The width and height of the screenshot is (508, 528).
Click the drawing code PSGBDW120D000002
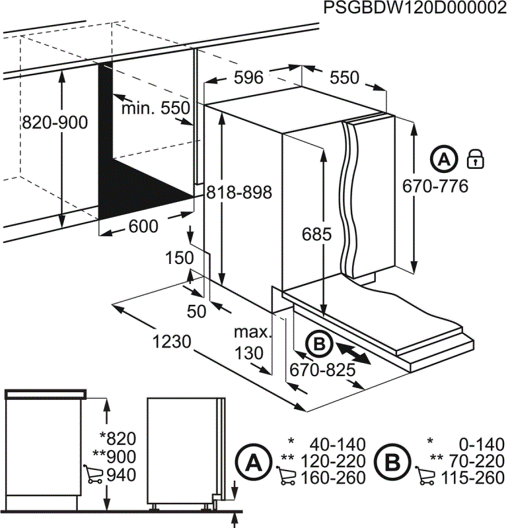(415, 8)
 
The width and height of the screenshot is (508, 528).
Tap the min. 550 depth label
(155, 108)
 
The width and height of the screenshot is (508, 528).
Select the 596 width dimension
(249, 78)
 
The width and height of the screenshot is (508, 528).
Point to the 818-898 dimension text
(238, 192)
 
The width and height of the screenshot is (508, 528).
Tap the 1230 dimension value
(172, 342)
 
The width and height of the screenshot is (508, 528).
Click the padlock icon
(476, 158)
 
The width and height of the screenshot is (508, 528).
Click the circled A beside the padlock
(445, 159)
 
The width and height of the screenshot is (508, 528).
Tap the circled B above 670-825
(319, 343)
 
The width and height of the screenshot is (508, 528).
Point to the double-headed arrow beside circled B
(352, 351)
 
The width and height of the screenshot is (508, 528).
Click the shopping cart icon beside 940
(94, 475)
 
